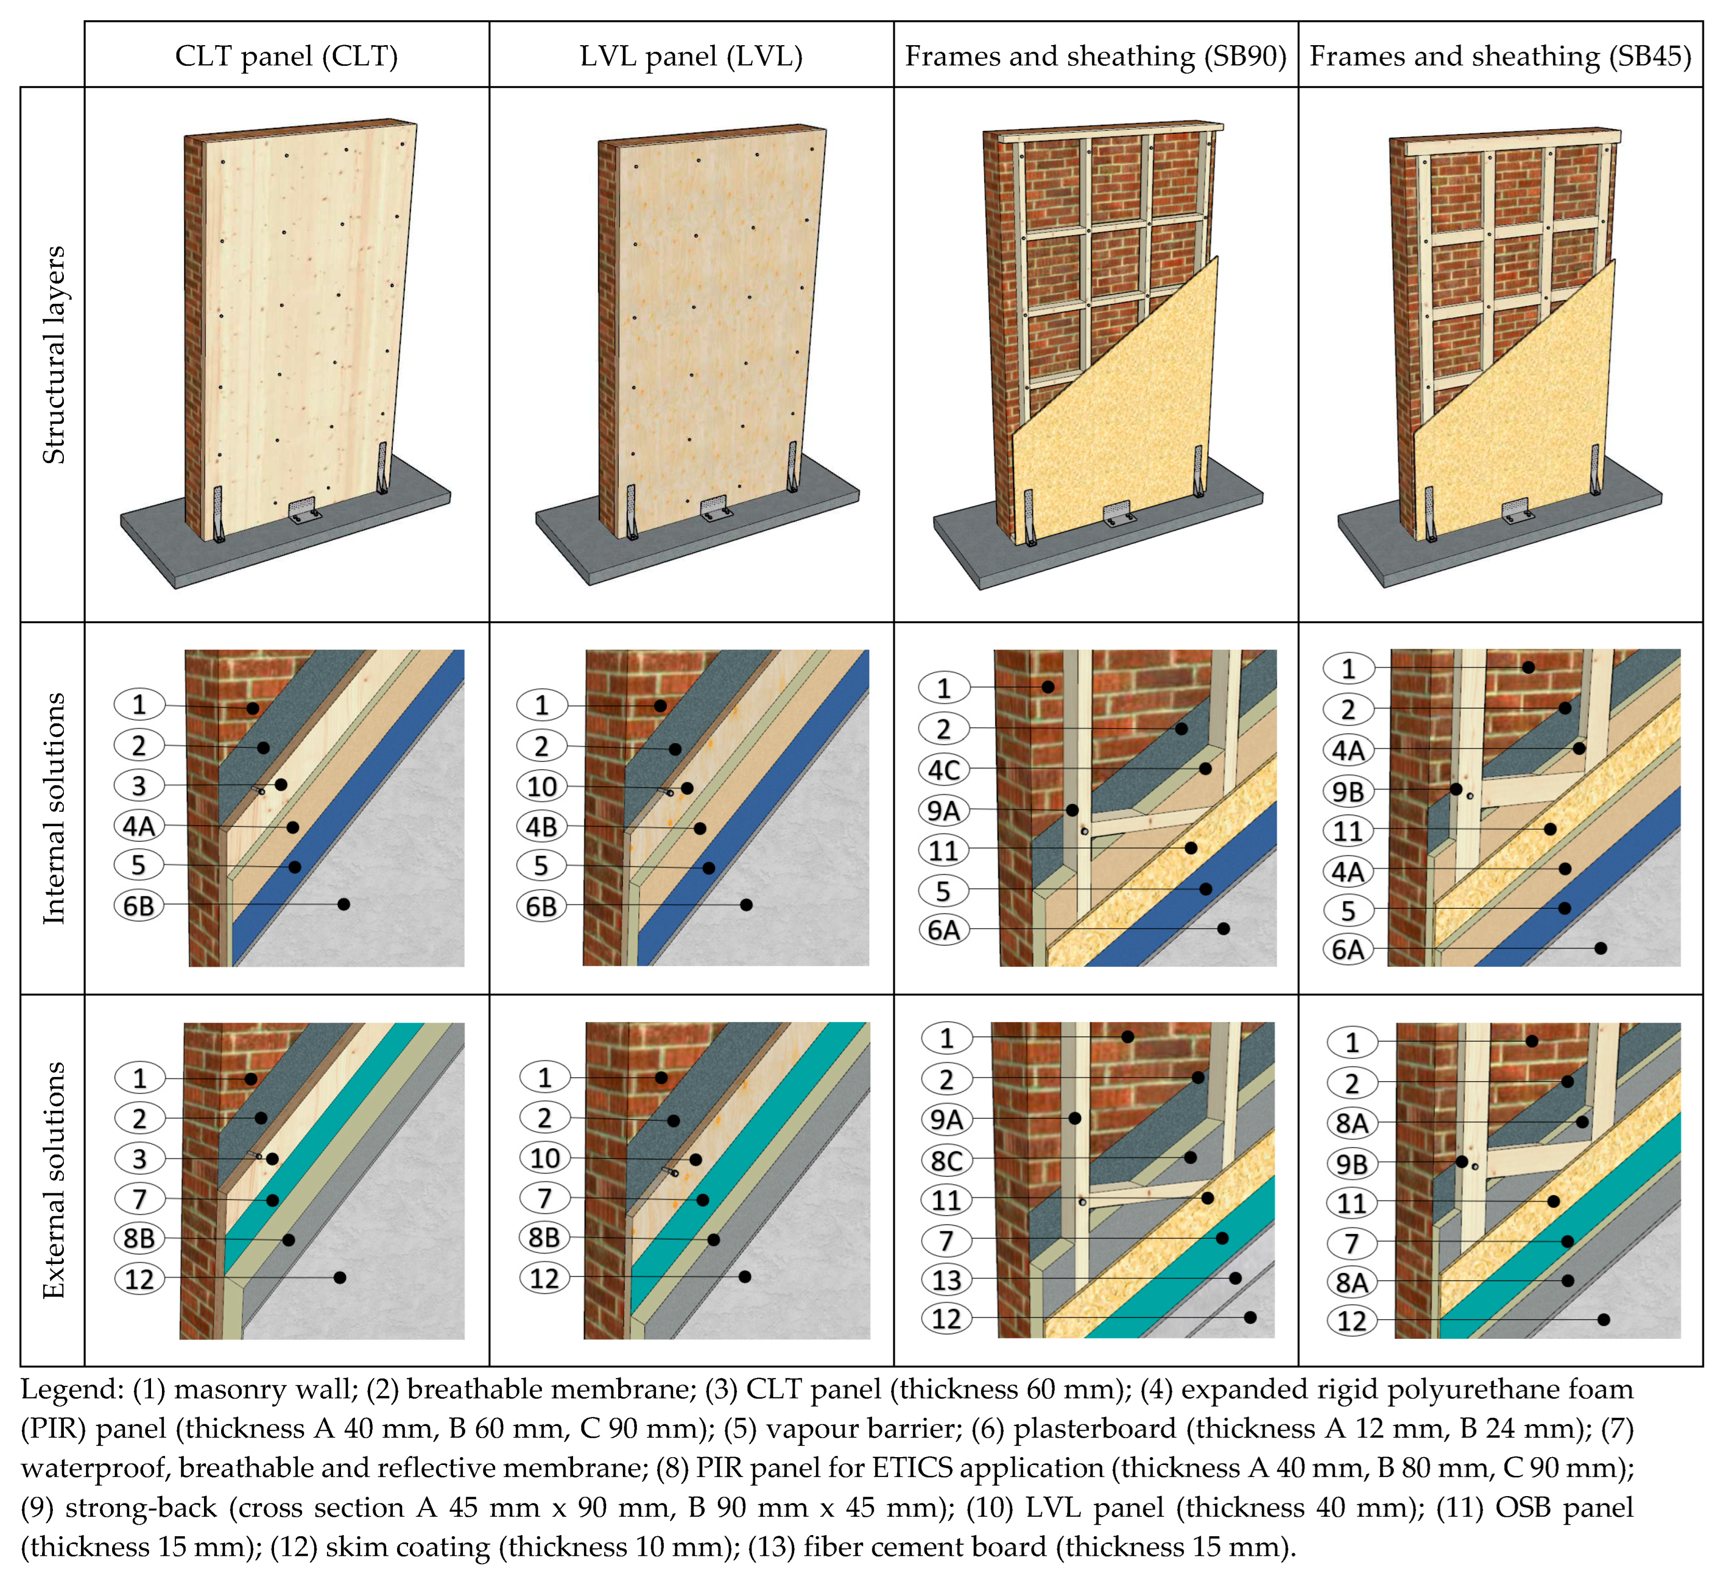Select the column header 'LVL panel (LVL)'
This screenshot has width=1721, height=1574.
(691, 57)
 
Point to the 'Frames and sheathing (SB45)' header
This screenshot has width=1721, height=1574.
(1500, 57)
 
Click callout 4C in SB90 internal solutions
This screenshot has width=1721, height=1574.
(944, 770)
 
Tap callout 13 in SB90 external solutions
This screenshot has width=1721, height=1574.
(946, 1280)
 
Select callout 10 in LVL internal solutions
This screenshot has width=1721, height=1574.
(542, 786)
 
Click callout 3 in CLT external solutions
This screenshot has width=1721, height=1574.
(139, 1158)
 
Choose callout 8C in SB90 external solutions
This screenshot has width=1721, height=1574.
(946, 1160)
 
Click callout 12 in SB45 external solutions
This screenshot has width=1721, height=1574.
(1351, 1321)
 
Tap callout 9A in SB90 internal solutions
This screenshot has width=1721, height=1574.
(944, 810)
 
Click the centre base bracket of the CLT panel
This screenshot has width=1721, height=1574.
(303, 510)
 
